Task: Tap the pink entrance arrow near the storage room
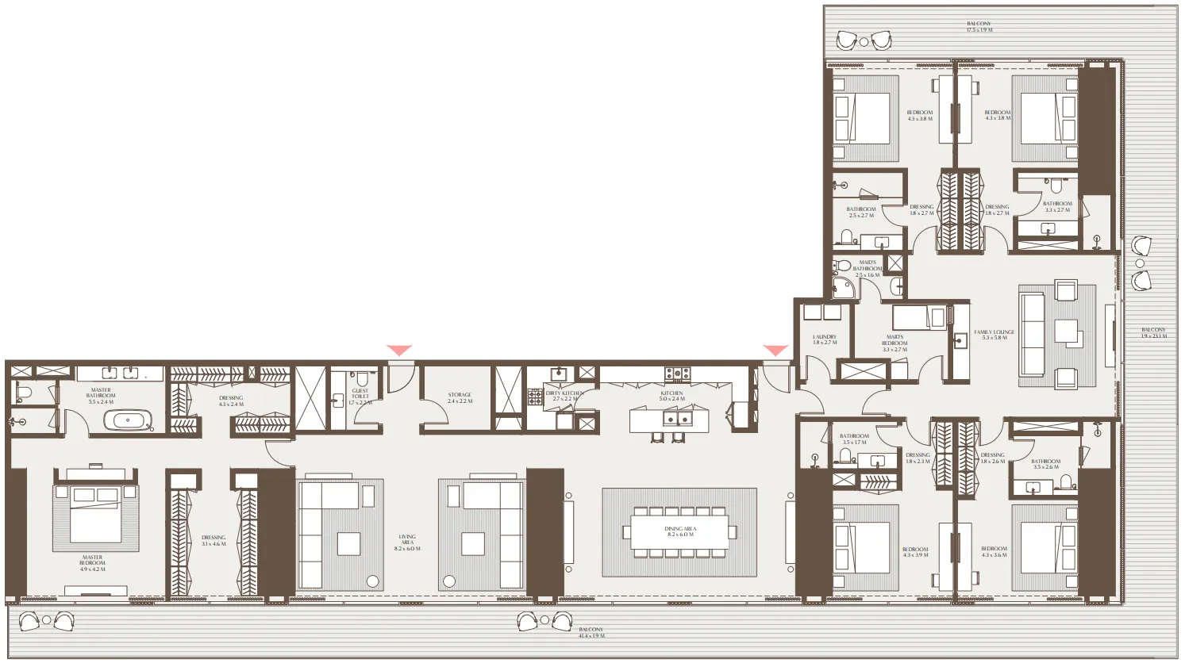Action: pos(399,350)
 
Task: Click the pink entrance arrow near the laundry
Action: pos(775,350)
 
